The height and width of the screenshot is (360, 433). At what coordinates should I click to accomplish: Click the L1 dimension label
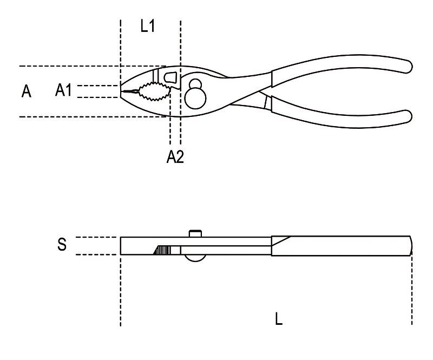pyautogui.click(x=147, y=27)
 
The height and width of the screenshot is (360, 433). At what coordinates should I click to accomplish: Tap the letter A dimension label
pyautogui.click(x=26, y=91)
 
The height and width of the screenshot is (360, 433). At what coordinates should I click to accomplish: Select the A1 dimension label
pyautogui.click(x=63, y=90)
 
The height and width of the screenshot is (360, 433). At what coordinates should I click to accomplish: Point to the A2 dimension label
pyautogui.click(x=175, y=156)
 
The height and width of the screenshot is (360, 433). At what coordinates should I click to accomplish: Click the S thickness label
pyautogui.click(x=62, y=245)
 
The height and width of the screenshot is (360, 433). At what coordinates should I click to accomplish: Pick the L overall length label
pyautogui.click(x=279, y=318)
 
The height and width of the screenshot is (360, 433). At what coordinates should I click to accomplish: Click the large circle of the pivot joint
pyautogui.click(x=195, y=98)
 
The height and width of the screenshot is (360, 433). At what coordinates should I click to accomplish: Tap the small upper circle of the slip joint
pyautogui.click(x=195, y=84)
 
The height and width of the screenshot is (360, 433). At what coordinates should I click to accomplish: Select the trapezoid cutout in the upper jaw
pyautogui.click(x=170, y=77)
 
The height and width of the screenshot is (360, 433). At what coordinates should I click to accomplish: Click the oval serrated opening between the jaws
pyautogui.click(x=154, y=91)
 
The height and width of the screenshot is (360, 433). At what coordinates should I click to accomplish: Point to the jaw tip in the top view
pyautogui.click(x=121, y=91)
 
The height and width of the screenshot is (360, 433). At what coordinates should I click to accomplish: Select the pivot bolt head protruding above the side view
pyautogui.click(x=195, y=233)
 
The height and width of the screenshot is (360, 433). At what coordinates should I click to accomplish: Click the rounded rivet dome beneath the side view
pyautogui.click(x=195, y=258)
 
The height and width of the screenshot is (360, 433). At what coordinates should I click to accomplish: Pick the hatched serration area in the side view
pyautogui.click(x=162, y=250)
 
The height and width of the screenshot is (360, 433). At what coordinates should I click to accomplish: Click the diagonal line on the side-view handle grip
pyautogui.click(x=281, y=241)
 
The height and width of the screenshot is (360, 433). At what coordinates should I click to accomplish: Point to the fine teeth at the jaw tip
pyautogui.click(x=130, y=91)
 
